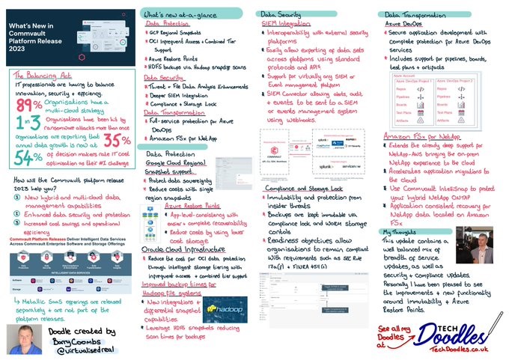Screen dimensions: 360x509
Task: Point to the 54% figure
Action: click(28, 157)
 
